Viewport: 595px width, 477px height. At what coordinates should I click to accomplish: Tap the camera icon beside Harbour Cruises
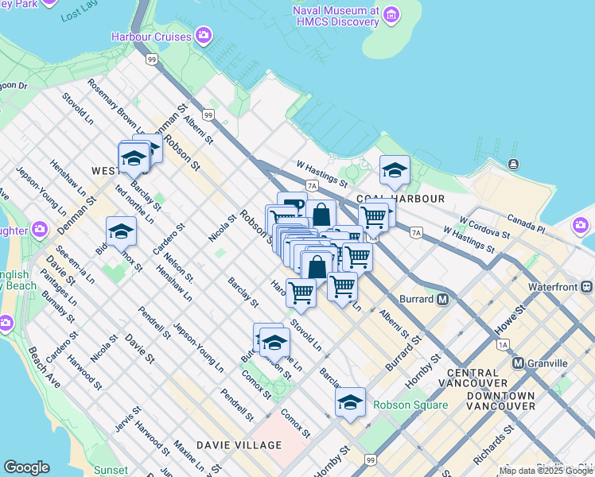point(204,36)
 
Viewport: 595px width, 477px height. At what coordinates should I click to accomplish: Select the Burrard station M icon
point(443,300)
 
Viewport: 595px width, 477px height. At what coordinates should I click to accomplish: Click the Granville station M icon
point(519,363)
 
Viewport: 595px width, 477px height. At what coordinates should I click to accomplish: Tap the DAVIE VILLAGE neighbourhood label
point(239,445)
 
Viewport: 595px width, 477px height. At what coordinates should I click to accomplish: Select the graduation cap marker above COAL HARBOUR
point(395,169)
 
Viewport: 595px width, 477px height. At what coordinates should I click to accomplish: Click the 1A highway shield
point(502,345)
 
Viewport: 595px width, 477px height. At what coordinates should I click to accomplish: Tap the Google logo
point(27,467)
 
